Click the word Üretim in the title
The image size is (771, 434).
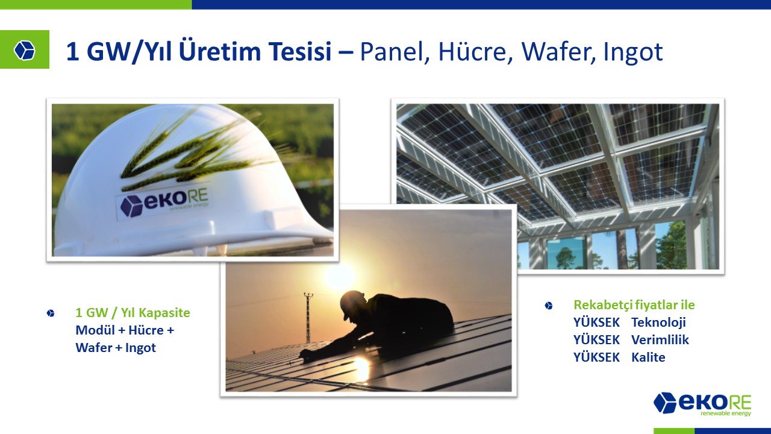coord(220,52)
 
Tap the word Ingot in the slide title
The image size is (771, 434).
coord(633,52)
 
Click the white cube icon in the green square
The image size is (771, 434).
coord(25,50)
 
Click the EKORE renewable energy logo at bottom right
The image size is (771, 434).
coord(702,404)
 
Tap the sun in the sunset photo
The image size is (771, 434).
coord(339,275)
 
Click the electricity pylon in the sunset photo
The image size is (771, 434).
coord(308,317)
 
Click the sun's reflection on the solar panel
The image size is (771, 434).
coord(361,368)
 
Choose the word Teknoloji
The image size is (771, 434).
coord(658,322)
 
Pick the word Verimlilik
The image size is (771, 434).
coord(660,339)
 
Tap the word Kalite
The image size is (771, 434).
coord(648,357)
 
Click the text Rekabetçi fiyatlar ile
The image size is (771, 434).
coord(634,305)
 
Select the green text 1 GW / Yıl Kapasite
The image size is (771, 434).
coord(133,313)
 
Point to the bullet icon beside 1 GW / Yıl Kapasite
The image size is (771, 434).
coord(51,313)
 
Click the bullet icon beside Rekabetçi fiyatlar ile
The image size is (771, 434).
coord(549,306)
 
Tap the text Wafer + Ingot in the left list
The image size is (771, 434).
coord(116,348)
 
